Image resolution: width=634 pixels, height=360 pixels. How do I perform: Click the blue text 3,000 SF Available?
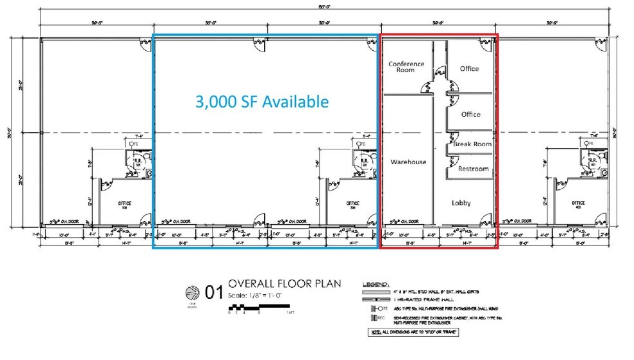tap(262, 102)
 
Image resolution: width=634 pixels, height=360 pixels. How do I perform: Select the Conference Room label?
tap(406, 66)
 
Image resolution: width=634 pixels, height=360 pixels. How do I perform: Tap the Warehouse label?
tap(408, 162)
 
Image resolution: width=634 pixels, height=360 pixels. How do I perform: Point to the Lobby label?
tap(461, 202)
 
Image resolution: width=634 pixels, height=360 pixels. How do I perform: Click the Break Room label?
tap(472, 144)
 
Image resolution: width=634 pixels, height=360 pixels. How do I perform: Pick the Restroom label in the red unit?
tap(473, 169)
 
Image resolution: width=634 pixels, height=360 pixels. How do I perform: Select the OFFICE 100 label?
tap(124, 205)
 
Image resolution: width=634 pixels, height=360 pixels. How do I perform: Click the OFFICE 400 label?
tap(577, 205)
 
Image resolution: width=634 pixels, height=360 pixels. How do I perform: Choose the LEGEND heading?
tap(376, 284)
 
